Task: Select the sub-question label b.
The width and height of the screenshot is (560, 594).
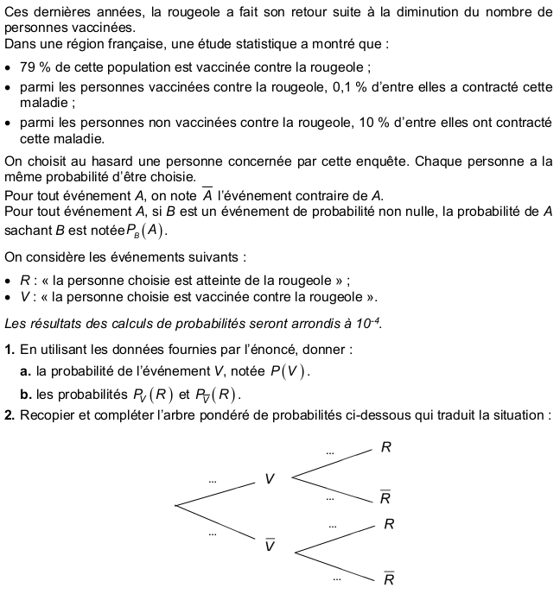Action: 25,395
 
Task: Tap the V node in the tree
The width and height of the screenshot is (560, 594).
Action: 270,478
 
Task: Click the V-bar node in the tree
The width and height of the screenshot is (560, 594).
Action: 270,546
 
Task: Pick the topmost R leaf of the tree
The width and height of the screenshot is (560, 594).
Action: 385,447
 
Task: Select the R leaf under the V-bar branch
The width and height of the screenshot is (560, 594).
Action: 389,524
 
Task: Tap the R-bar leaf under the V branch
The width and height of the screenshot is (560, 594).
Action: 385,498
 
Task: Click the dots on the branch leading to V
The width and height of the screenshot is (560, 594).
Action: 212,480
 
